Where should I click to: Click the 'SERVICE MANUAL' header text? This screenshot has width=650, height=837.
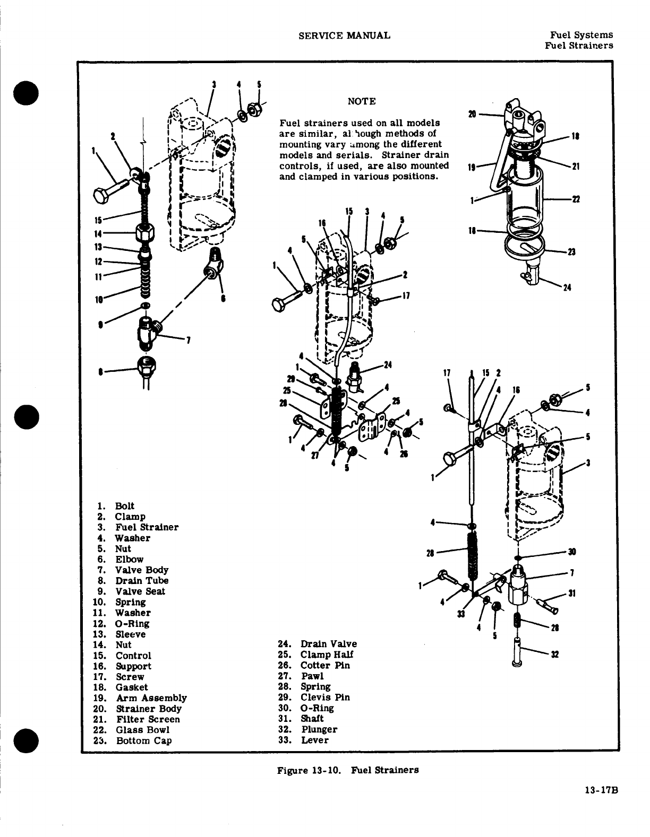[x=344, y=36]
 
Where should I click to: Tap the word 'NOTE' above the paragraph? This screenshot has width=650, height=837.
[x=361, y=101]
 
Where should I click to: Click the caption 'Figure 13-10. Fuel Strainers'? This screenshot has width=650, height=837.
[x=348, y=770]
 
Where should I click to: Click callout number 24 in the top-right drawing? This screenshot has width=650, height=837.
[x=567, y=288]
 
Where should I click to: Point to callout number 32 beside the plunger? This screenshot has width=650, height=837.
[x=555, y=655]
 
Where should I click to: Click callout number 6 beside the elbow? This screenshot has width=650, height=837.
[x=224, y=299]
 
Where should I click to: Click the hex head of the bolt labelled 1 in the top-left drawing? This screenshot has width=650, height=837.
[x=101, y=195]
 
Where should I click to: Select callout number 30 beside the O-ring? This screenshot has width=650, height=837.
[x=572, y=552]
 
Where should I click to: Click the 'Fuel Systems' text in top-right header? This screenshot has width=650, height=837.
[x=581, y=35]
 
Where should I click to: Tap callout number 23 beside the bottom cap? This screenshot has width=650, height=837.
[x=572, y=252]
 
